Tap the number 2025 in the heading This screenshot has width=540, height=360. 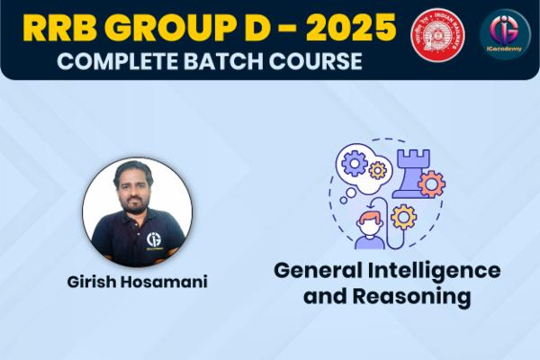tap(346, 29)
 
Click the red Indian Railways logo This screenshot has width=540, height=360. tap(435, 33)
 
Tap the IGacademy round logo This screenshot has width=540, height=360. tap(505, 33)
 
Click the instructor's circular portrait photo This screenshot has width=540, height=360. tap(137, 212)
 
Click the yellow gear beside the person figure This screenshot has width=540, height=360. tap(402, 217)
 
